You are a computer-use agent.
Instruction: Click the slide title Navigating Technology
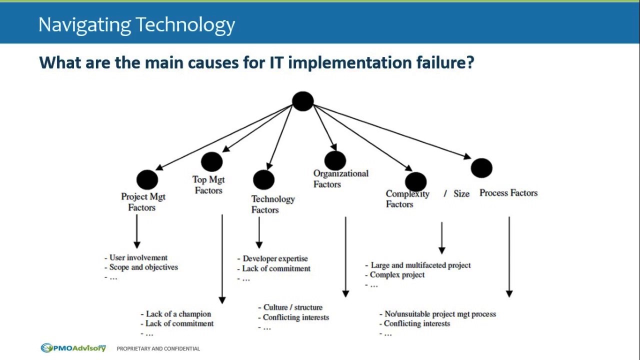pos(136,24)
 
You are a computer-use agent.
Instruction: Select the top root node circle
pos(302,101)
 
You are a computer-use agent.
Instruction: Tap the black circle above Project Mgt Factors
pos(147,180)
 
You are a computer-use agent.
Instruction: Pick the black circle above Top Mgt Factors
pos(211,162)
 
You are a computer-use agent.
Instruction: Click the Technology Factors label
pos(272,204)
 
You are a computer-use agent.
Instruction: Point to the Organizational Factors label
pos(340,178)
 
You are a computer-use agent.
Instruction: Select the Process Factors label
pos(508,193)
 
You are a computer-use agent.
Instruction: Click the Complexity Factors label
pos(406,199)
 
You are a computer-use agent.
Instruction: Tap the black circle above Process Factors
pos(481,168)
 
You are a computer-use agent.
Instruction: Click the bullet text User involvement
pos(138,257)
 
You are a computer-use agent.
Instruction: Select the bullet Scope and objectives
pos(143,267)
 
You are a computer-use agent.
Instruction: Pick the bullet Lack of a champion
pos(178,314)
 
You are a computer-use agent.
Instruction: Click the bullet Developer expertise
pos(275,258)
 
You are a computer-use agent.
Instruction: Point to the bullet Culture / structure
pos(292,307)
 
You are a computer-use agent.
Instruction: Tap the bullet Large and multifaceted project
pos(420,265)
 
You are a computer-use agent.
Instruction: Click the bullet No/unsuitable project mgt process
pos(440,314)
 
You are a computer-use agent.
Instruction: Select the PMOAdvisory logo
pos(73,348)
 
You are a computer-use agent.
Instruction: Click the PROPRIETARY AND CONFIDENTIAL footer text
pos(158,348)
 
